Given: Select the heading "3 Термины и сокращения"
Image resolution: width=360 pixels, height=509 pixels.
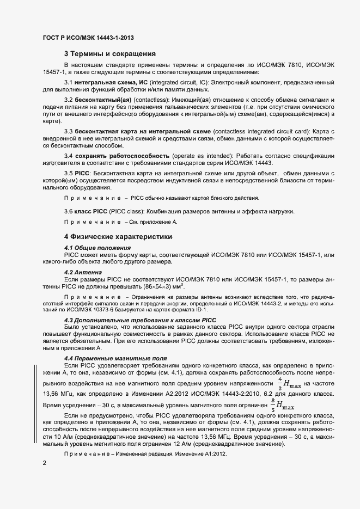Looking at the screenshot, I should tap(110, 54).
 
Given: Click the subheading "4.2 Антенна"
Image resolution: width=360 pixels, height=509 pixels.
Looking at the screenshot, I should tap(83, 272).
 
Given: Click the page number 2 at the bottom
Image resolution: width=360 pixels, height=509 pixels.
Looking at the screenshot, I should tap(45, 463).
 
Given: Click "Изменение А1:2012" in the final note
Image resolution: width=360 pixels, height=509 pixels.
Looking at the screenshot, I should tap(209, 453).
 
